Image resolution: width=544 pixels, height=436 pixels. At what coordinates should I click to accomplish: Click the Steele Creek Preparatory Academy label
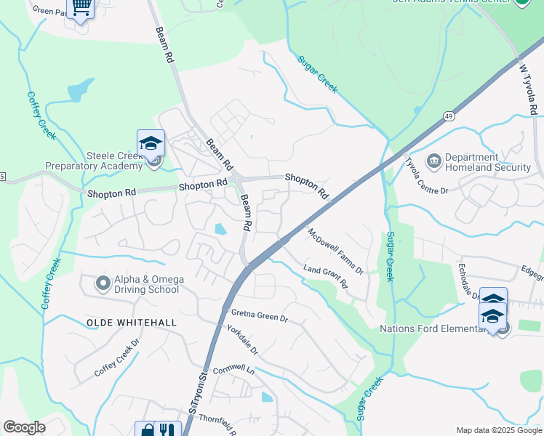click(94, 161)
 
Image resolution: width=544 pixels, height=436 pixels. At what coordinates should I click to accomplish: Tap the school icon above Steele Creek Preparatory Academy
click(151, 142)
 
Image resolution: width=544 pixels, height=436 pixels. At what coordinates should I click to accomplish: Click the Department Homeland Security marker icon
click(434, 160)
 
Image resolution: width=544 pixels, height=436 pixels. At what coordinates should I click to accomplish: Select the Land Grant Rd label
click(326, 278)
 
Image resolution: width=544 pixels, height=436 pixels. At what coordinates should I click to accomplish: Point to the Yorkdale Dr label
click(242, 340)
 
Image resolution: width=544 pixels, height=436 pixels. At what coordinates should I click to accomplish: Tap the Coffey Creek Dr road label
click(116, 358)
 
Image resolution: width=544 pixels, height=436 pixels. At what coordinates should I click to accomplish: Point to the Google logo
click(24, 427)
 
